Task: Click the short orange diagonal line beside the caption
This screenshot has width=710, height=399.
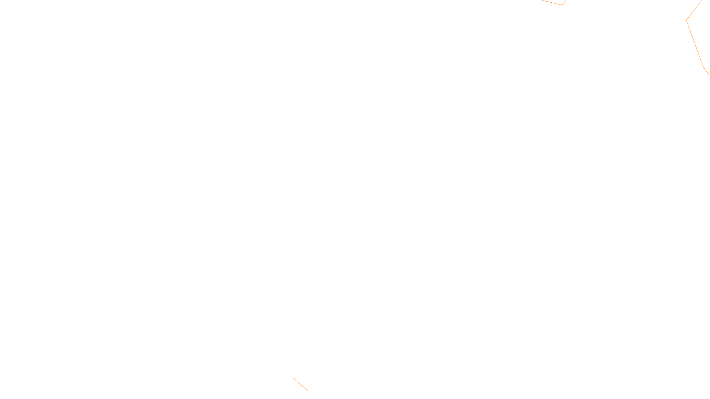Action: pyautogui.click(x=300, y=384)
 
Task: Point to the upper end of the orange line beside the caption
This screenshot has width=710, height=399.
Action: pyautogui.click(x=293, y=378)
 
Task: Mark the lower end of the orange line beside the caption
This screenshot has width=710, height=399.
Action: pyautogui.click(x=308, y=391)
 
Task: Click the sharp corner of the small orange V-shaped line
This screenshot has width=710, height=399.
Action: pyautogui.click(x=562, y=5)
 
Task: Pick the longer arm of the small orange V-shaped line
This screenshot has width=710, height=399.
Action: pyautogui.click(x=552, y=3)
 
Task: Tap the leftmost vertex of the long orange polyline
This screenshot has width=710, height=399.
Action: pyautogui.click(x=686, y=20)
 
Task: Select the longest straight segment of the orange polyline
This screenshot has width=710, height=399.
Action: pyautogui.click(x=695, y=43)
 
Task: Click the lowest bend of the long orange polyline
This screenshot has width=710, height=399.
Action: pyautogui.click(x=703, y=67)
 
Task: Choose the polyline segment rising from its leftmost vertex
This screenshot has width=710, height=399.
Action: pyautogui.click(x=694, y=10)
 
